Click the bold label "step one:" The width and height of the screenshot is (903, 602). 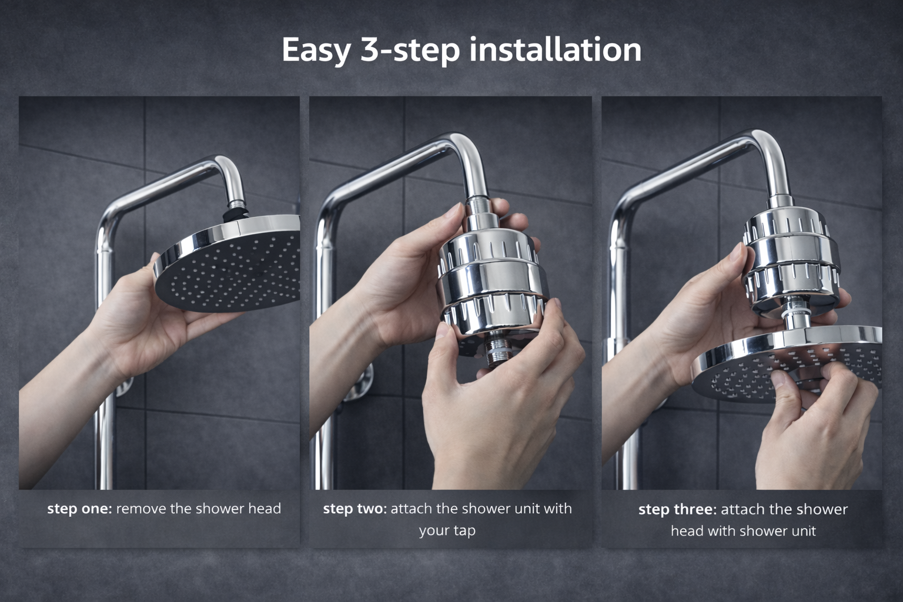79,509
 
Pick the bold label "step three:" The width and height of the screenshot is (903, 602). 678,509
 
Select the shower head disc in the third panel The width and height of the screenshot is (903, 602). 786,363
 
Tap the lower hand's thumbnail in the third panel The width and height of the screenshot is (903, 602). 778,380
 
